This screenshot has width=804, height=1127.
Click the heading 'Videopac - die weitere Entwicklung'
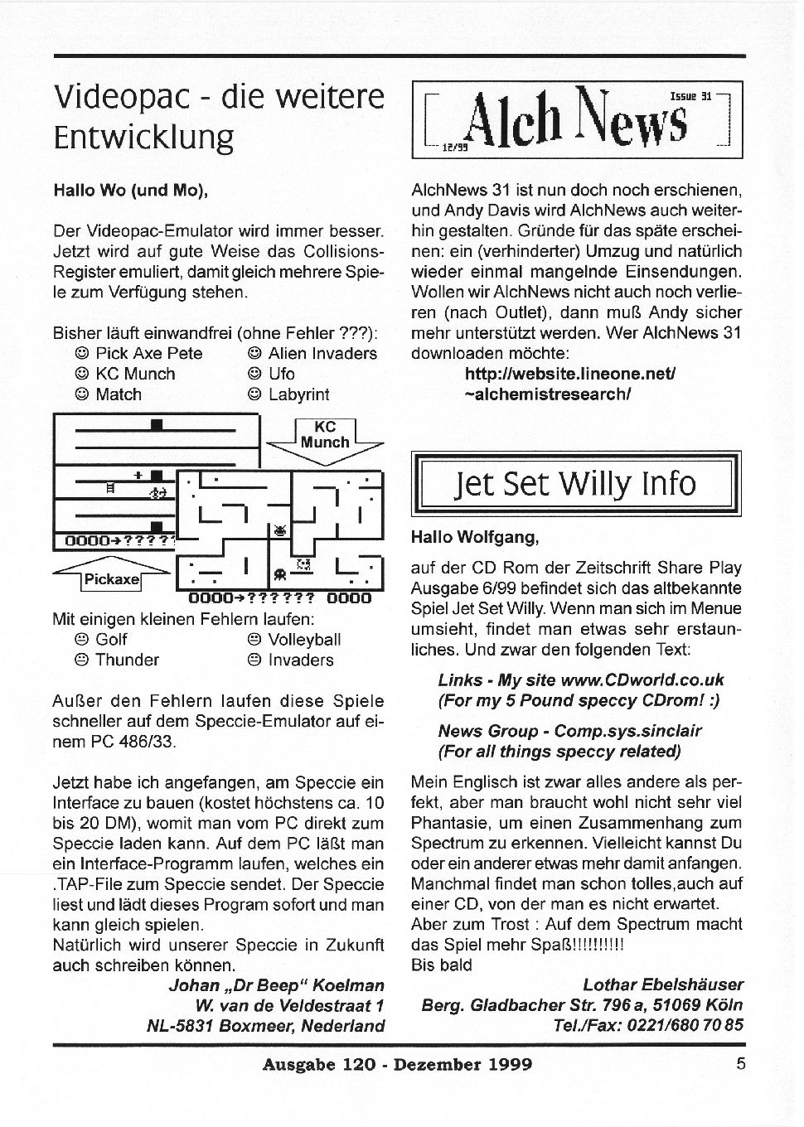tap(219, 116)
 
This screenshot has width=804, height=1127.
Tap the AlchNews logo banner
tap(577, 120)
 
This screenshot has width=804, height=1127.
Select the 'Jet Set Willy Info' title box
tap(576, 484)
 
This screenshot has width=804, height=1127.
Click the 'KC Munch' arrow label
tap(325, 435)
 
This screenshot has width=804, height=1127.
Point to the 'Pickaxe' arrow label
tap(111, 579)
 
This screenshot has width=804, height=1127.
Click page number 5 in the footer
tap(740, 1063)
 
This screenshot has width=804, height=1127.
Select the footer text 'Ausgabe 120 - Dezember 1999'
tap(397, 1064)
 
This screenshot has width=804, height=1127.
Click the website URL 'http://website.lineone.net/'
tap(570, 374)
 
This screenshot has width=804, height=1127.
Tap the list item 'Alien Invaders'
tap(322, 353)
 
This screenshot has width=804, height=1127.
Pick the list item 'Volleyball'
tap(304, 640)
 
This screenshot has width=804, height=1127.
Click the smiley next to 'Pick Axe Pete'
tap(82, 354)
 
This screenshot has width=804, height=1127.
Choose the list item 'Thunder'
tap(127, 660)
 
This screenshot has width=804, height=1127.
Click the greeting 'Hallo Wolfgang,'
tap(475, 537)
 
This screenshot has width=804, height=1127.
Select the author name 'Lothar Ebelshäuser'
tap(663, 984)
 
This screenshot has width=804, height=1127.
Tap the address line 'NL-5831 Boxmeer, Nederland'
tap(265, 1026)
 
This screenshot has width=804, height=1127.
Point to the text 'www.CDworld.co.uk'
tap(642, 680)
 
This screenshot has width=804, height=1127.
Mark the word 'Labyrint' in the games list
tap(298, 394)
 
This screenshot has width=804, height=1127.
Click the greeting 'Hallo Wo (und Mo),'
tap(130, 190)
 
